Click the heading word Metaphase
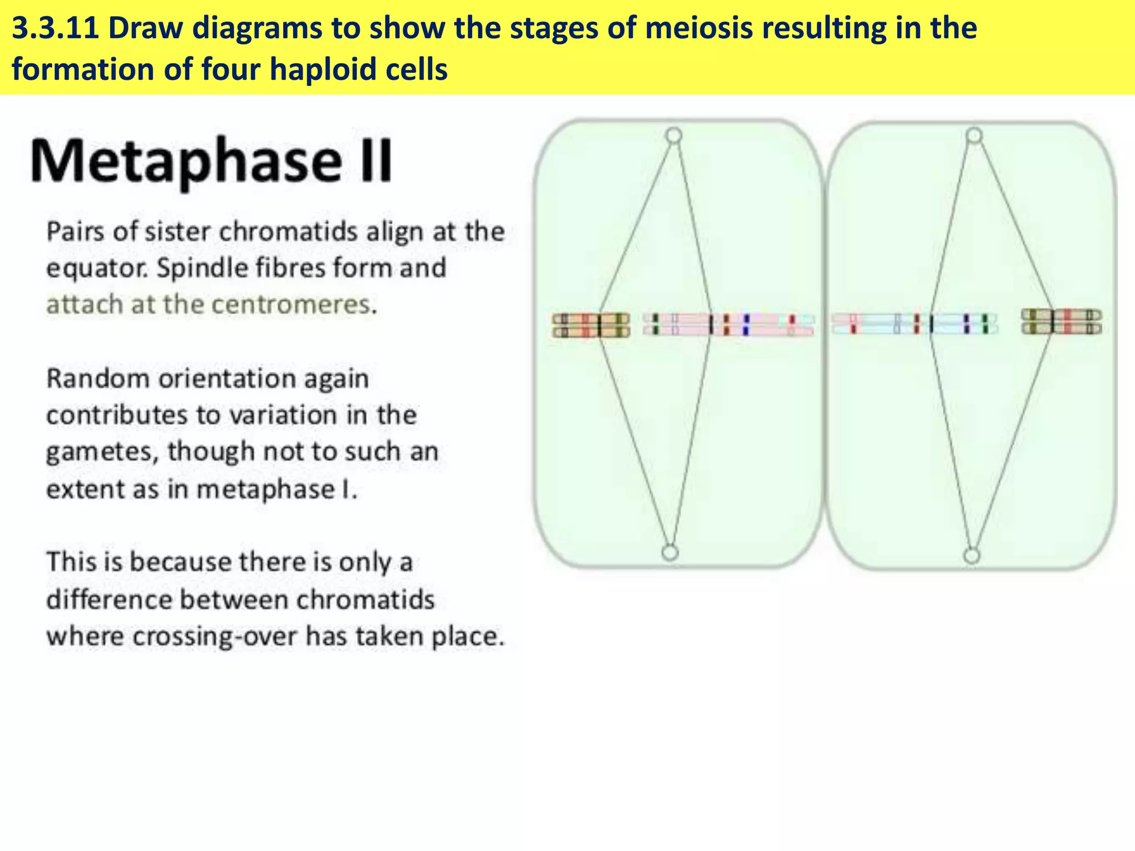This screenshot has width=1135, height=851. point(186,162)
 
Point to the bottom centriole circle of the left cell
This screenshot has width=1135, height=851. point(670,553)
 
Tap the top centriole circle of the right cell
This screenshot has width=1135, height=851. point(974,136)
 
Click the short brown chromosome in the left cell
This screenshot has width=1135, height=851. point(591,325)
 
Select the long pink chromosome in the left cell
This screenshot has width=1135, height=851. point(728,325)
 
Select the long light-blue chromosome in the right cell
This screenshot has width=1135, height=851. point(914,324)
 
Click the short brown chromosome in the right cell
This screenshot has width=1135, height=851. point(1061,322)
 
